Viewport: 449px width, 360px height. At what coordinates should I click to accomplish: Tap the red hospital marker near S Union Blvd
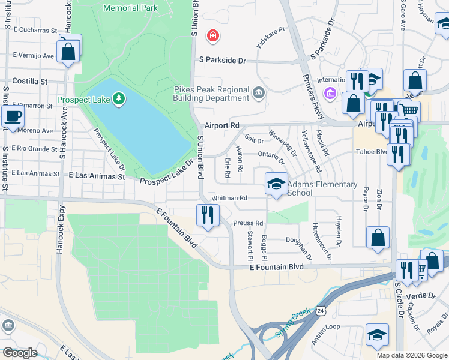(212, 37)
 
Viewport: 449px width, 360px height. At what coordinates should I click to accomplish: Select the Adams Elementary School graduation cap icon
(276, 184)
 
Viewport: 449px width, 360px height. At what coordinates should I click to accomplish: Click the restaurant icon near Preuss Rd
(208, 215)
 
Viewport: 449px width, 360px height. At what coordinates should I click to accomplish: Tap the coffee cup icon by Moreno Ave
(13, 116)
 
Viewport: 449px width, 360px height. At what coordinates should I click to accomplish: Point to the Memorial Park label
(130, 8)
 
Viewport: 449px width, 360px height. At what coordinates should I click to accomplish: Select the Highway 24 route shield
(322, 310)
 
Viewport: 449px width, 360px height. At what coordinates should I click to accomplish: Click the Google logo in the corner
(20, 353)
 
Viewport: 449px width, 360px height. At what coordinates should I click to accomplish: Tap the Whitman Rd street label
(229, 198)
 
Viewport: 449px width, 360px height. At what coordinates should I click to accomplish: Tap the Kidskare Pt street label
(271, 37)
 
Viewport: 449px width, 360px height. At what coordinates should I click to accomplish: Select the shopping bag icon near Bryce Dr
(378, 237)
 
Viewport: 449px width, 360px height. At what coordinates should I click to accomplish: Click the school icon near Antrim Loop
(376, 334)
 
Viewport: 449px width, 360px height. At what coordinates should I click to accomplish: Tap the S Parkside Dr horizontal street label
(223, 61)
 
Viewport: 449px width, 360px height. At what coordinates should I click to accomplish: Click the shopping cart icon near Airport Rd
(409, 110)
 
